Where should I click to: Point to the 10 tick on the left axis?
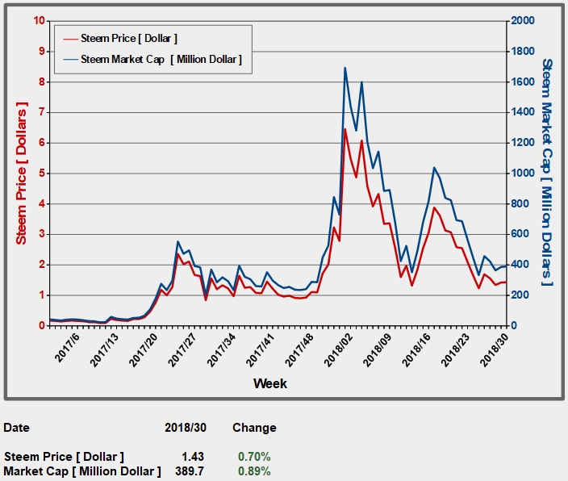pos(39,20)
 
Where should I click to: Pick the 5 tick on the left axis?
pos(41,174)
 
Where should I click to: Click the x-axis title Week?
pos(269,383)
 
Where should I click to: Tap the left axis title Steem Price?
pos(22,173)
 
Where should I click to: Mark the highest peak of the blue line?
pos(345,68)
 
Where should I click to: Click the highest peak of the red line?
pos(345,129)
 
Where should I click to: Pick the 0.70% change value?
pos(253,457)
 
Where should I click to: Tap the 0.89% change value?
pos(253,471)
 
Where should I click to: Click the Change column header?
pos(253,428)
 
